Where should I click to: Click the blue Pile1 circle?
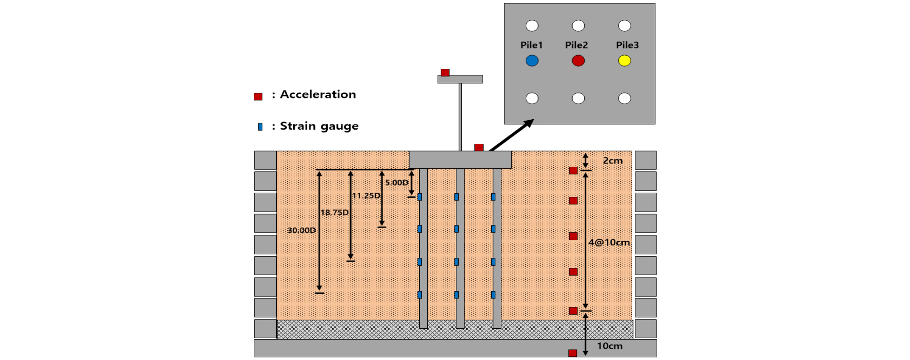532,61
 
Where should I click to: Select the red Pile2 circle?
578,61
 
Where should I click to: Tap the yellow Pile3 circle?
624,61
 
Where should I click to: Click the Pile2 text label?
576,45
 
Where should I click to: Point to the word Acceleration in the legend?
318,94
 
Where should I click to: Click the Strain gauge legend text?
319,126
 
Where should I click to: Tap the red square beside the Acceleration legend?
258,97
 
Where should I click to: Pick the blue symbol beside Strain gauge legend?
260,127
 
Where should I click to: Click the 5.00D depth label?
397,183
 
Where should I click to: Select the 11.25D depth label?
366,195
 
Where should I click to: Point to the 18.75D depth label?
335,213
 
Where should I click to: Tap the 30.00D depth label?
301,230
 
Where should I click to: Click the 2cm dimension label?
613,161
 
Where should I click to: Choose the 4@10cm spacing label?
609,243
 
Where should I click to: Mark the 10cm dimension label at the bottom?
610,346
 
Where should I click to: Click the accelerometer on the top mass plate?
445,73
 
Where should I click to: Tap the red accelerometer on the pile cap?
479,147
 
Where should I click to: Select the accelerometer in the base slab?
573,353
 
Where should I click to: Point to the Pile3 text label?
627,45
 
